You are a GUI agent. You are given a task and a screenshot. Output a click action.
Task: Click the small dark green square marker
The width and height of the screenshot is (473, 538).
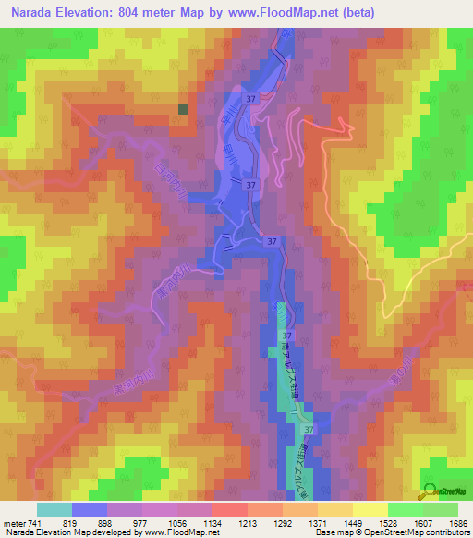[x=183, y=109]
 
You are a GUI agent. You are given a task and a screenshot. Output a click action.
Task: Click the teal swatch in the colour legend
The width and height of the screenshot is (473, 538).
[x=54, y=509]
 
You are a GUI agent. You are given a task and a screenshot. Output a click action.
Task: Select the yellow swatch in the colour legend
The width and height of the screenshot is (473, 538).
[x=370, y=509]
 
